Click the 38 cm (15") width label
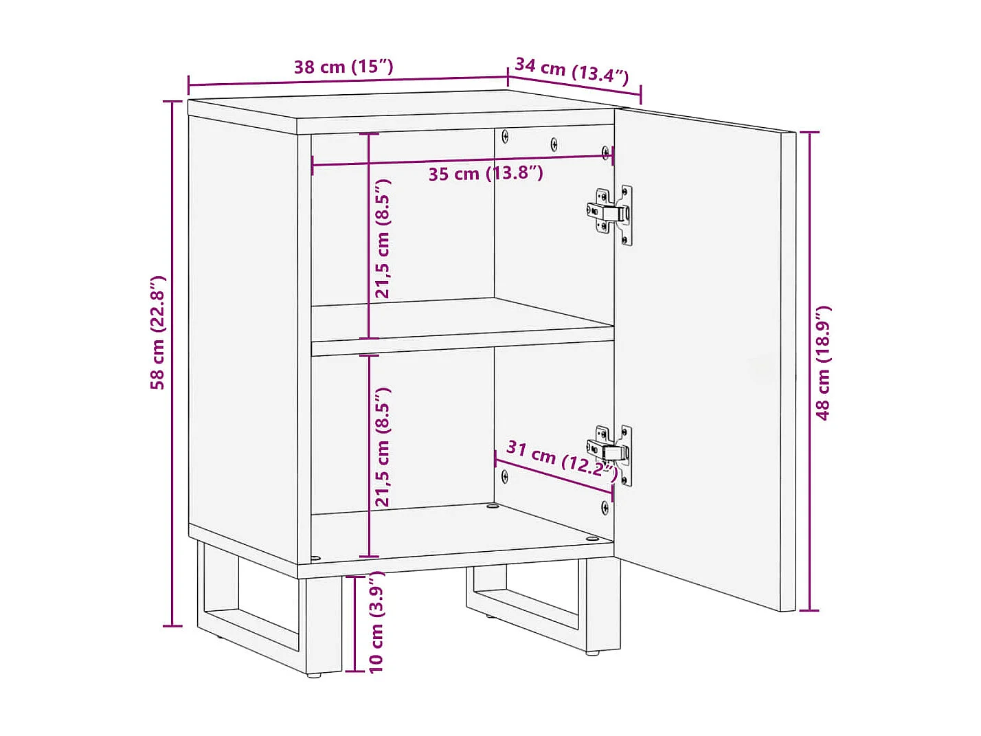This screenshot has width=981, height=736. (x=343, y=67)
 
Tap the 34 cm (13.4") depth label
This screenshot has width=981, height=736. (x=572, y=70)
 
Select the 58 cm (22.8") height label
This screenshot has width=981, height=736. (x=158, y=333)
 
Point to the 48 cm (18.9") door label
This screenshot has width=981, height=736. (x=823, y=362)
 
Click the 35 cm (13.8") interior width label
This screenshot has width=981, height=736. (x=486, y=173)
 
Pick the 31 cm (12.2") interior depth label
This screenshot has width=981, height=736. (x=560, y=458)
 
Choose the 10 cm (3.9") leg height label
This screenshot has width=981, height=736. (x=376, y=622)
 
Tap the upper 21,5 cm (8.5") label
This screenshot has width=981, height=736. (x=383, y=238)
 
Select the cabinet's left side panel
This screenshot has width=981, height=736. (x=242, y=330)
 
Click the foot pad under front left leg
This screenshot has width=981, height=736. (x=315, y=676)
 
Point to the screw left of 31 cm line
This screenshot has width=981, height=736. (x=505, y=476)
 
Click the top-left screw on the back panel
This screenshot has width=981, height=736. (x=506, y=136)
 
